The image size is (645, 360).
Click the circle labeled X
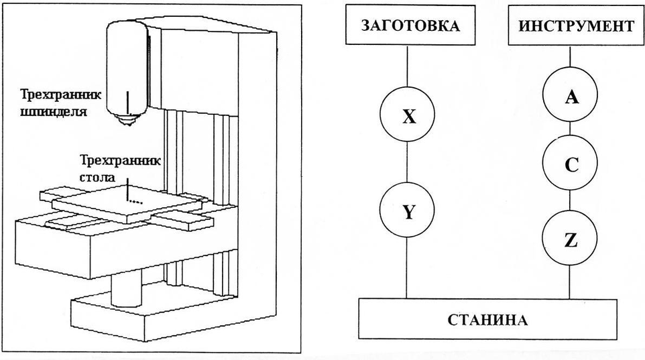[x=408, y=117]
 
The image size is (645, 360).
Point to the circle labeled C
[x=571, y=165]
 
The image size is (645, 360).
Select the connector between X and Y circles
[x=408, y=164]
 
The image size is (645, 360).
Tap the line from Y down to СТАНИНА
[x=408, y=268]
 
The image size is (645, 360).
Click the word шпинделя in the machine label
[x=60, y=113]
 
